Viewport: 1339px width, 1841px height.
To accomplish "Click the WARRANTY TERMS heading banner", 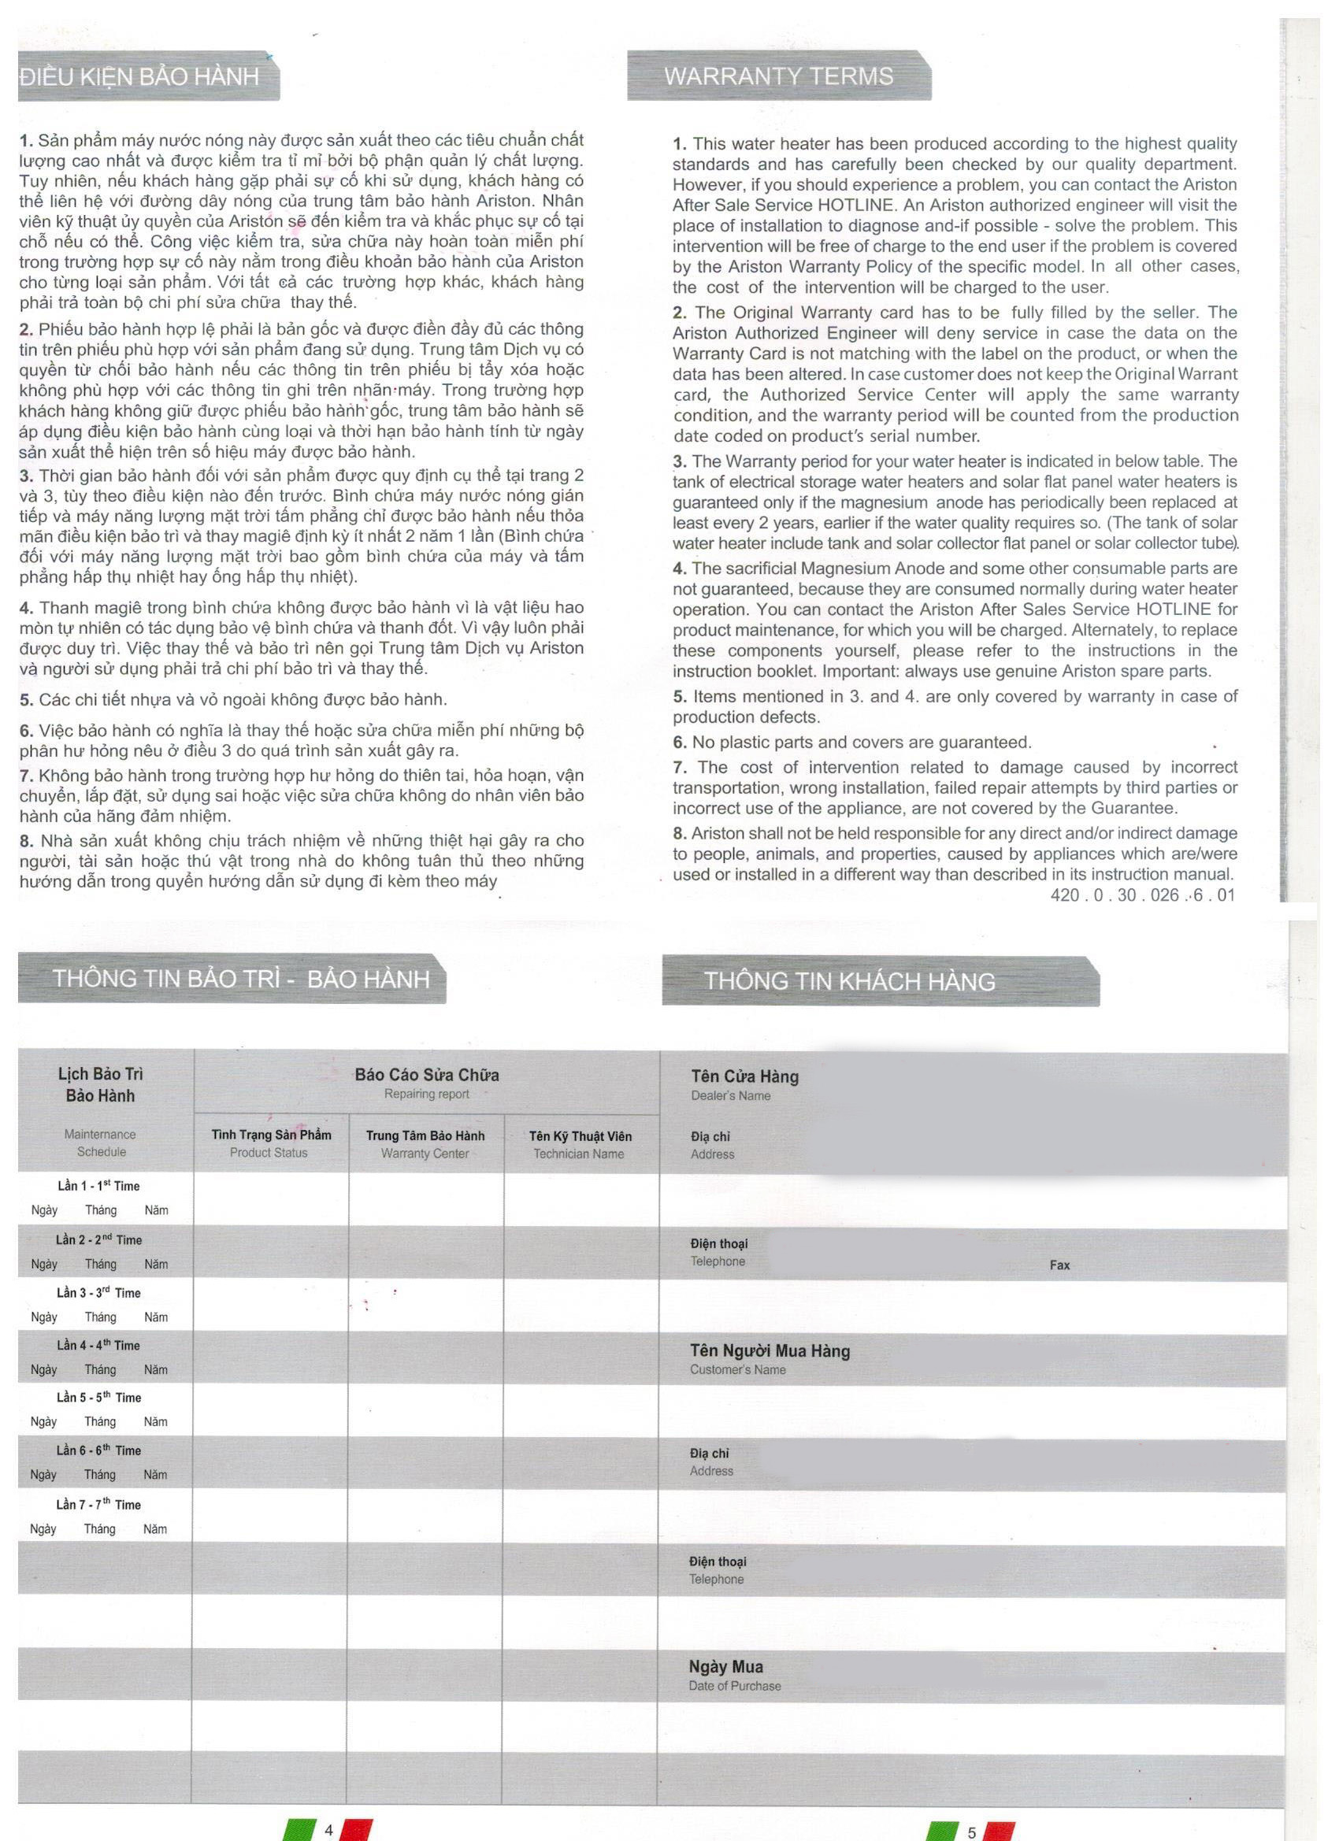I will click(x=778, y=76).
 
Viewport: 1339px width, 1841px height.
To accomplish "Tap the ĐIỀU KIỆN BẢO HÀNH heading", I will click(x=139, y=77).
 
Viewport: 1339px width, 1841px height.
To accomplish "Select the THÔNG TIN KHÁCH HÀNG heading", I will click(x=848, y=981).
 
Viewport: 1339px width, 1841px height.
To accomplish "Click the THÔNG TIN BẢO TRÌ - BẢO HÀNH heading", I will click(x=240, y=978).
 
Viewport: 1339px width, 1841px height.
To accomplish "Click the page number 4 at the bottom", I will click(x=328, y=1830).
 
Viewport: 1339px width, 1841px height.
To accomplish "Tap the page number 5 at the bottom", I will click(x=971, y=1832).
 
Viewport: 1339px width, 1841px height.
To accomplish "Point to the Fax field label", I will click(x=1059, y=1265).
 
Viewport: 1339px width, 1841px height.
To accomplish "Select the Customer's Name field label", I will click(x=737, y=1369).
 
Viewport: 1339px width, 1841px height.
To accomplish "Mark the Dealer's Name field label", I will click(x=730, y=1095).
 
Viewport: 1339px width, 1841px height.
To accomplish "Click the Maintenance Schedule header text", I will click(x=100, y=1143).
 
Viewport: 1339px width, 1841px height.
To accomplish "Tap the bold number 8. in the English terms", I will click(x=680, y=833).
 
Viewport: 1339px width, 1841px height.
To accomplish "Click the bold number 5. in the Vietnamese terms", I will click(x=26, y=699).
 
